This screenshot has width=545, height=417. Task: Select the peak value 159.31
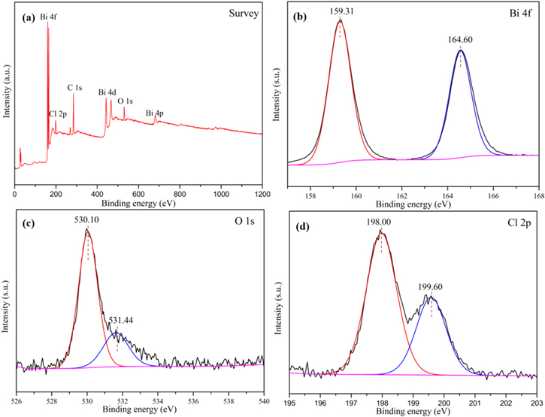tap(341, 11)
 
